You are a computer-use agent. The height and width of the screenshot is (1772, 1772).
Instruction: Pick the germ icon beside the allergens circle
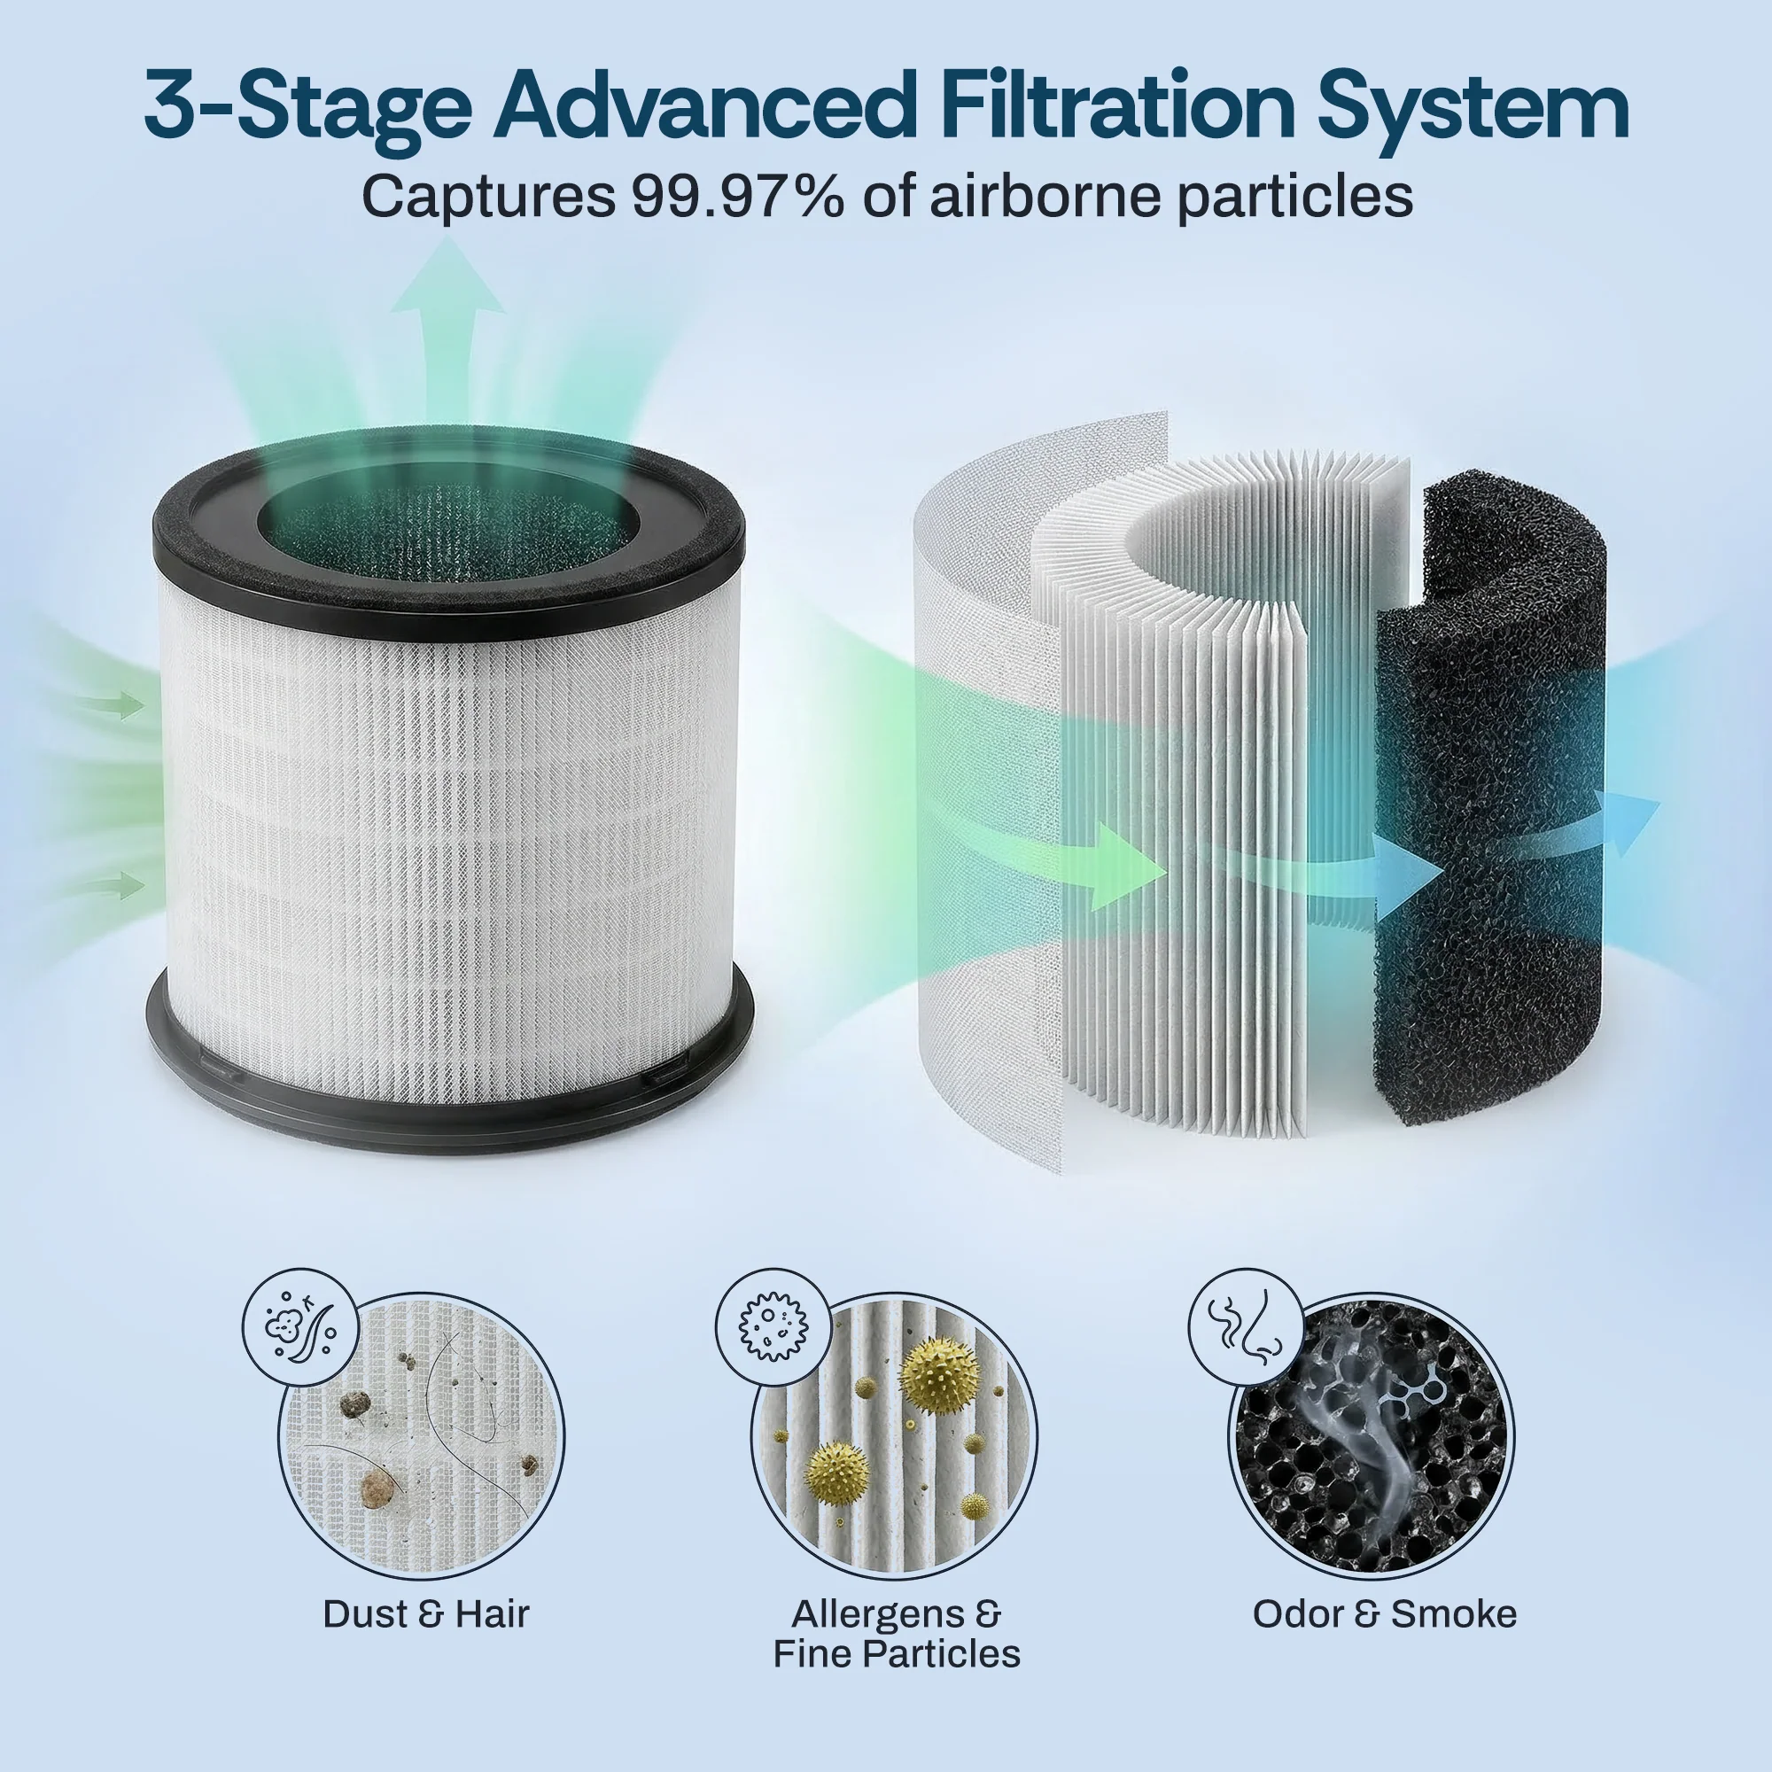point(773,1326)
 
